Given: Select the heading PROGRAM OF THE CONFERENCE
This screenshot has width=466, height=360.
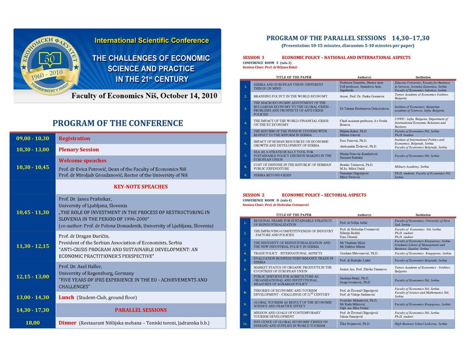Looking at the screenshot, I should coord(118,123).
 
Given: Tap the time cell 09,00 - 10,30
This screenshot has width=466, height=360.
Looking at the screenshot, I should coord(32,138).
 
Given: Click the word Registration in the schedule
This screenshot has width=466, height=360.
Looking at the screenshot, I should coord(75,138).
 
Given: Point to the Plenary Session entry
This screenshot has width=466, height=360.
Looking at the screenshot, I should coord(79,150).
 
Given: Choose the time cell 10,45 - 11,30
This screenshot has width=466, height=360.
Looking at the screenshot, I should coord(32,212).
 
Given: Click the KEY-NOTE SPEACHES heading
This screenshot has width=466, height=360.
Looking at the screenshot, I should coord(141,187).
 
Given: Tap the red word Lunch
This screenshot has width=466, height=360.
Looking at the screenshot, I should coord(67,297).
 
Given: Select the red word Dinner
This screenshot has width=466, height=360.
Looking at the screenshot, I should coord(68,322).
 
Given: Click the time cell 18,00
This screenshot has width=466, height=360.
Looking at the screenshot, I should coord(32,322).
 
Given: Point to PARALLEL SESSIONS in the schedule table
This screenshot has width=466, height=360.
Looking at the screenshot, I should coord(141,310).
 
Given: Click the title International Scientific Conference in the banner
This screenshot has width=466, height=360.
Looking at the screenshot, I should coord(151,40).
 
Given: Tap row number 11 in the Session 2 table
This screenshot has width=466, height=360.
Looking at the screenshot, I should coord(245,323).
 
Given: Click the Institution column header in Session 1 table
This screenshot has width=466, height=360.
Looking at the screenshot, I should coord(423,77).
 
